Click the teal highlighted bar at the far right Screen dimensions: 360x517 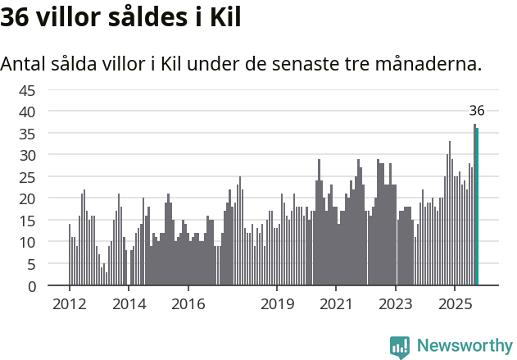click(x=477, y=207)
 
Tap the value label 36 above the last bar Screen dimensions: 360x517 click(x=477, y=111)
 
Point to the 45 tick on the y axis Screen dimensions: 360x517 click(x=27, y=89)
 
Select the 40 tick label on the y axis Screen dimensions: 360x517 click(x=27, y=112)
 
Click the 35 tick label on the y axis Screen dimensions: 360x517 click(x=27, y=133)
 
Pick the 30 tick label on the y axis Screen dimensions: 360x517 click(x=27, y=155)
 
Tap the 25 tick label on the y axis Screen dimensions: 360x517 click(x=27, y=177)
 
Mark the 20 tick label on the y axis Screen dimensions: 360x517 click(x=27, y=198)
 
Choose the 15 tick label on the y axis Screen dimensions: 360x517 click(x=27, y=221)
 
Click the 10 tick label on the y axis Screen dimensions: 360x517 click(x=27, y=243)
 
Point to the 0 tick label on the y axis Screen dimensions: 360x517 click(x=31, y=286)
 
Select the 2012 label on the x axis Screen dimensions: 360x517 click(x=69, y=304)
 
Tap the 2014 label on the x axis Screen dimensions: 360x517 click(x=129, y=304)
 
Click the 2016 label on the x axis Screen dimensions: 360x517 click(x=188, y=304)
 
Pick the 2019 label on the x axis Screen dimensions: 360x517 click(x=277, y=304)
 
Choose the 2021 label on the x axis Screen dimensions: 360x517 click(x=337, y=304)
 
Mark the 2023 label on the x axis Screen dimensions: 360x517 click(x=396, y=304)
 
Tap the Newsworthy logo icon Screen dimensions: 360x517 click(x=400, y=347)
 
